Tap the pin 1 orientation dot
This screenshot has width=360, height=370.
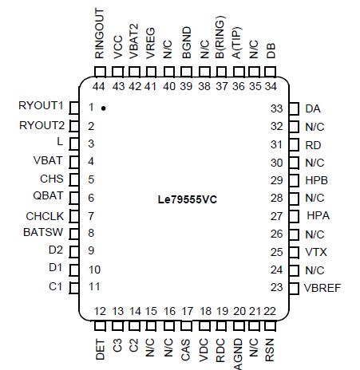click(x=104, y=108)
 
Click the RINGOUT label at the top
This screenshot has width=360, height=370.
click(x=100, y=34)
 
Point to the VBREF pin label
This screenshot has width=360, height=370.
click(x=323, y=288)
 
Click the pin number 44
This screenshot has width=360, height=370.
click(x=100, y=86)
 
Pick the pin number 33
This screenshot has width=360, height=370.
click(x=277, y=108)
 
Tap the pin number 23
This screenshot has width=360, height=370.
click(x=277, y=288)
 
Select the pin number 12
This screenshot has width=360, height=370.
click(x=100, y=310)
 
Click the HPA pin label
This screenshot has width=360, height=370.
click(x=317, y=216)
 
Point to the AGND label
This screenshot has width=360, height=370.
click(x=239, y=354)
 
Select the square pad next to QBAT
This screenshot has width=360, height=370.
click(x=73, y=198)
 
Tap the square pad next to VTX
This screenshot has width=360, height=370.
click(x=294, y=252)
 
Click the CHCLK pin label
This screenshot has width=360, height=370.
click(x=45, y=215)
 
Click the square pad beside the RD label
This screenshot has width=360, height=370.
click(x=294, y=144)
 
